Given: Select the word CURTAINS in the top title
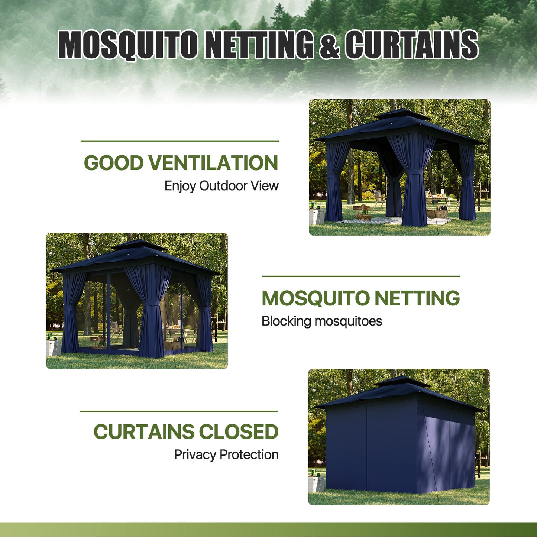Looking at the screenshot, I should (411, 45).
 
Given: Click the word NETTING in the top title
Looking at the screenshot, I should (259, 45).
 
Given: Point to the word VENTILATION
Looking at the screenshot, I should (213, 163).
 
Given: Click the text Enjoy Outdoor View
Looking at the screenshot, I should (221, 186).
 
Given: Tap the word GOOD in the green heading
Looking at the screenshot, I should (114, 163).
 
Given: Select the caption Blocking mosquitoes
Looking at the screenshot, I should (322, 321).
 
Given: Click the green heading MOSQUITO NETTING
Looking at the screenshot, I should (360, 298).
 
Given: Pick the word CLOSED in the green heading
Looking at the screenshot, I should (239, 432).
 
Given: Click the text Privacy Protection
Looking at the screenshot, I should (226, 454).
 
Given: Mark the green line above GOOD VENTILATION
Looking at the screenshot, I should (179, 142).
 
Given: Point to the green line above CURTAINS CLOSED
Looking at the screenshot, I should (179, 411).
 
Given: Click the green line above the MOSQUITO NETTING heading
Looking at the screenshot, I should (360, 276).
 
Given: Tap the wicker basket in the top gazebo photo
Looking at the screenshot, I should (363, 214).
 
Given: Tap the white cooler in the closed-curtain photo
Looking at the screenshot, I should (316, 483).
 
